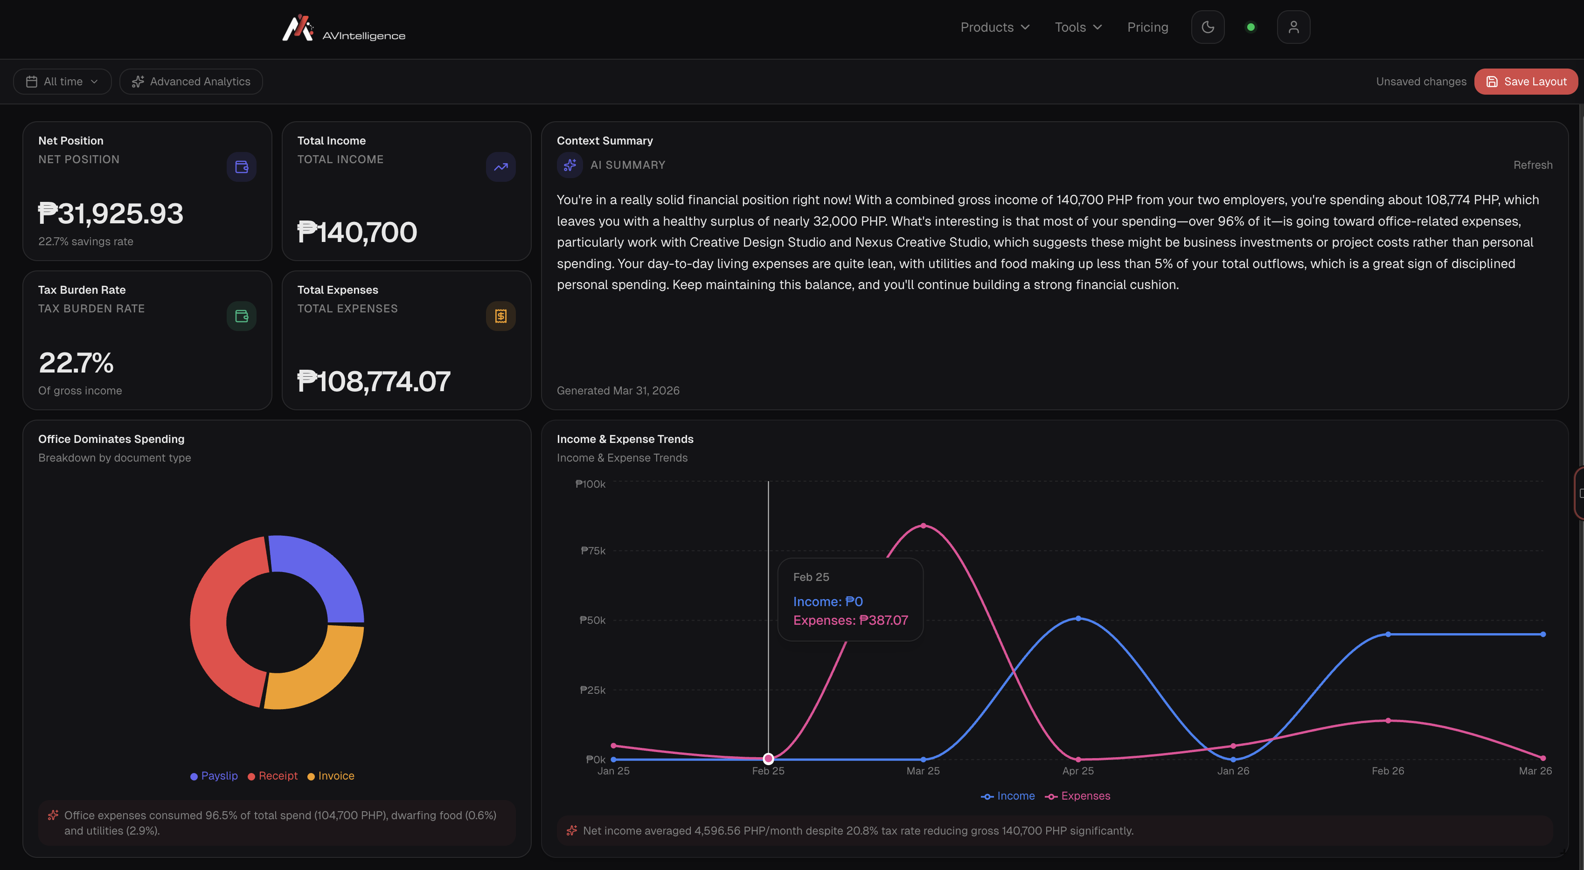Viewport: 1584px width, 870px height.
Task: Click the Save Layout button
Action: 1526,82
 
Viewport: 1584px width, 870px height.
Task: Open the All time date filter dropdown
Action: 62,82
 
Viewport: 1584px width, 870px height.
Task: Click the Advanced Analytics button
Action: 191,82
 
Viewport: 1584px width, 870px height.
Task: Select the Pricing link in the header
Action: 1147,27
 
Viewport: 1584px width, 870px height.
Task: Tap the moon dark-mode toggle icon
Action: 1208,27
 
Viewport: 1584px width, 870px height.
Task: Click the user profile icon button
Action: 1293,27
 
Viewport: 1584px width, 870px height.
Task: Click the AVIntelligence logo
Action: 343,29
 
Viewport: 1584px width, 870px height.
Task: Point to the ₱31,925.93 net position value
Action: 111,214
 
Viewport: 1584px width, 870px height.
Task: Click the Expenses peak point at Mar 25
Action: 923,526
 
